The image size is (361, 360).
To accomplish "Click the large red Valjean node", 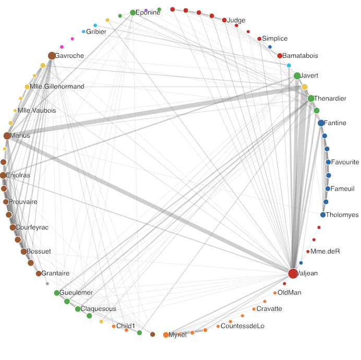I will pyautogui.click(x=293, y=273).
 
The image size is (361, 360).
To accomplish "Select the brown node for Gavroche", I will pyautogui.click(x=52, y=56).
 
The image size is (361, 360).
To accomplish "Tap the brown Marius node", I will pyautogui.click(x=7, y=136).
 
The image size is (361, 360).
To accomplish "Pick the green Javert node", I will pyautogui.click(x=297, y=76).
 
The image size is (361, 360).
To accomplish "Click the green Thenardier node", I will pyautogui.click(x=311, y=98).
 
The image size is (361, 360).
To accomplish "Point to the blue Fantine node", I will pyautogui.click(x=321, y=123).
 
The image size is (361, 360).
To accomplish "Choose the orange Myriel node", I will pyautogui.click(x=166, y=335).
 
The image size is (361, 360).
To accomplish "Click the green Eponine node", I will pyautogui.click(x=133, y=13).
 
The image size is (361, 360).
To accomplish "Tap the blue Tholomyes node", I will pyautogui.click(x=323, y=215).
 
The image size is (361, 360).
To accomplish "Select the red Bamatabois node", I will pyautogui.click(x=280, y=56).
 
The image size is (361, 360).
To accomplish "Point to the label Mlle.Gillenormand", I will pyautogui.click(x=57, y=87).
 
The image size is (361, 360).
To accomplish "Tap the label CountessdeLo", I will pyautogui.click(x=243, y=326).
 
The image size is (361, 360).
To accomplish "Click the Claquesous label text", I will pyautogui.click(x=98, y=309).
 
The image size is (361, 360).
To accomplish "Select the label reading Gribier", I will pyautogui.click(x=96, y=32).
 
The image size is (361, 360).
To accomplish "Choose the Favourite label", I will pyautogui.click(x=345, y=162).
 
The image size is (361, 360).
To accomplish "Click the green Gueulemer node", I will pyautogui.click(x=57, y=293).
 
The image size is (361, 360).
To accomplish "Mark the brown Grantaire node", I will pyautogui.click(x=38, y=273).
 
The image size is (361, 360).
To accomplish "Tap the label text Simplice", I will pyautogui.click(x=274, y=39).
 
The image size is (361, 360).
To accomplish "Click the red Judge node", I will pyautogui.click(x=224, y=20).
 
